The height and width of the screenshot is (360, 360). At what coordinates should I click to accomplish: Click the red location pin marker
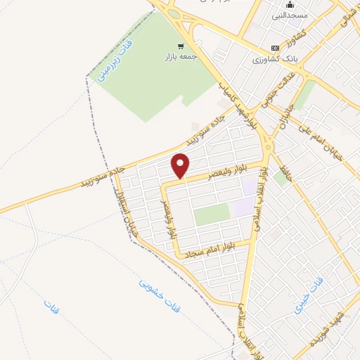[181, 165]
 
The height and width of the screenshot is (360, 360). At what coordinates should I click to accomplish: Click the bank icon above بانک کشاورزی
[275, 48]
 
